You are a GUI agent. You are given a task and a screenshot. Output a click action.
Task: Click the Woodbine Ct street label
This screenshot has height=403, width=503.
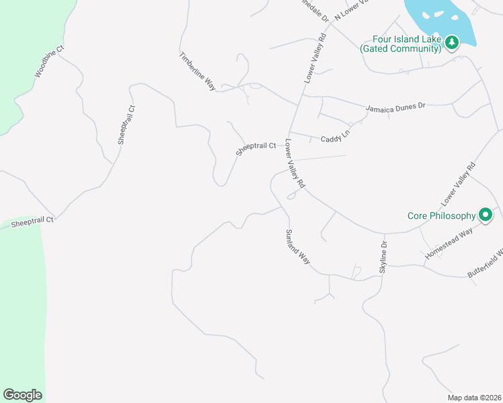tap(49, 61)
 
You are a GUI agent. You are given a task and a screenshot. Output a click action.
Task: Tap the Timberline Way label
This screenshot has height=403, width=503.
tap(197, 71)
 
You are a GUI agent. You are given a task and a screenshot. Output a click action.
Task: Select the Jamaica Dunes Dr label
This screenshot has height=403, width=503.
tap(396, 107)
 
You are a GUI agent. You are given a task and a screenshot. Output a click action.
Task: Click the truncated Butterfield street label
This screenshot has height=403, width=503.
tap(485, 263)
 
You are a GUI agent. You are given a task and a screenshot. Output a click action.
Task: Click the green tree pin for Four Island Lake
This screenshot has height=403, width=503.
tap(453, 43)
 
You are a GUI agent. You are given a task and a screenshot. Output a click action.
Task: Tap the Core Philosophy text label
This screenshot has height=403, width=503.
tap(440, 216)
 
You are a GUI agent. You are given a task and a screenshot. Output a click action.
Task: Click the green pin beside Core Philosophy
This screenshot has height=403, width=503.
tap(486, 215)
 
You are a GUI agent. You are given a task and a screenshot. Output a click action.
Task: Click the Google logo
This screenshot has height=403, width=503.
tap(22, 395)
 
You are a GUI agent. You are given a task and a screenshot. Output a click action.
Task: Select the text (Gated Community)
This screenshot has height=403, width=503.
tap(400, 49)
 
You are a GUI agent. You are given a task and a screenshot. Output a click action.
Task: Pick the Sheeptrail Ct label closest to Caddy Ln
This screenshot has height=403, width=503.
tap(256, 148)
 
